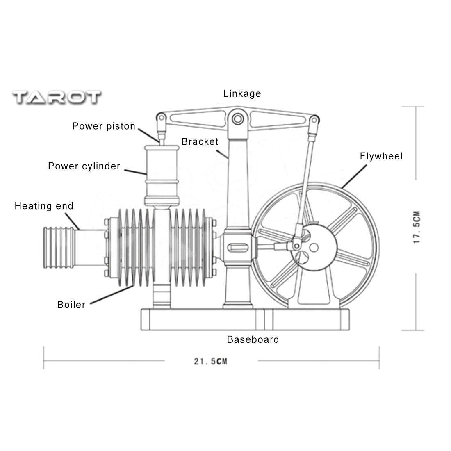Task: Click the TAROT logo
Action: (x=57, y=97)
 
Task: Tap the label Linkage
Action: (x=242, y=93)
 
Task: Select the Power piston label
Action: (x=104, y=126)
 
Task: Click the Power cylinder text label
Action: (x=84, y=166)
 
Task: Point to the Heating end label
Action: (x=44, y=206)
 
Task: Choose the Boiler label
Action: (x=71, y=305)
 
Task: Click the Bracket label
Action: (x=200, y=142)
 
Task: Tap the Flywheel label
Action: (x=381, y=156)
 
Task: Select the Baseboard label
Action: (x=253, y=339)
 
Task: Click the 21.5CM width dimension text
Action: (x=211, y=361)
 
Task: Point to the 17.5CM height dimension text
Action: (x=417, y=228)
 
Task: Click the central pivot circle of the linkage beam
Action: (x=237, y=118)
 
